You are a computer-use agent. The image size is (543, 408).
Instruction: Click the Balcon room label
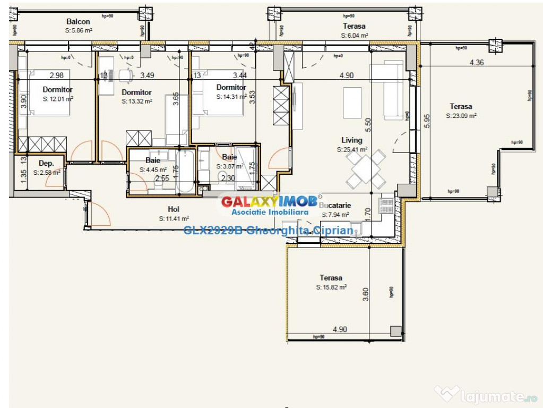click(78, 22)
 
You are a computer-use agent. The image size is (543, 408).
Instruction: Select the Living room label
click(352, 140)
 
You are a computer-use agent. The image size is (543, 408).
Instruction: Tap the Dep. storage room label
click(46, 164)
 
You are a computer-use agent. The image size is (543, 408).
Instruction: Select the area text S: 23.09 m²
click(461, 115)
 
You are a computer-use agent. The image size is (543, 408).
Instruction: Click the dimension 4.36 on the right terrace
click(476, 63)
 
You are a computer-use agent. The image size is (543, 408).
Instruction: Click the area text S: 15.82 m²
click(331, 287)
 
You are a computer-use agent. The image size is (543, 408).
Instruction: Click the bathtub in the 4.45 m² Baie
click(186, 171)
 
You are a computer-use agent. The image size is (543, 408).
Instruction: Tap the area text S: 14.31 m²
click(231, 97)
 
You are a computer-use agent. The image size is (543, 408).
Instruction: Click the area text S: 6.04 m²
click(354, 36)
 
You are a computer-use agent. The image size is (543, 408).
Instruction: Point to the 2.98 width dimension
click(57, 75)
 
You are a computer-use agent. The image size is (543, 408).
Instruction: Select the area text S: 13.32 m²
click(136, 101)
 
